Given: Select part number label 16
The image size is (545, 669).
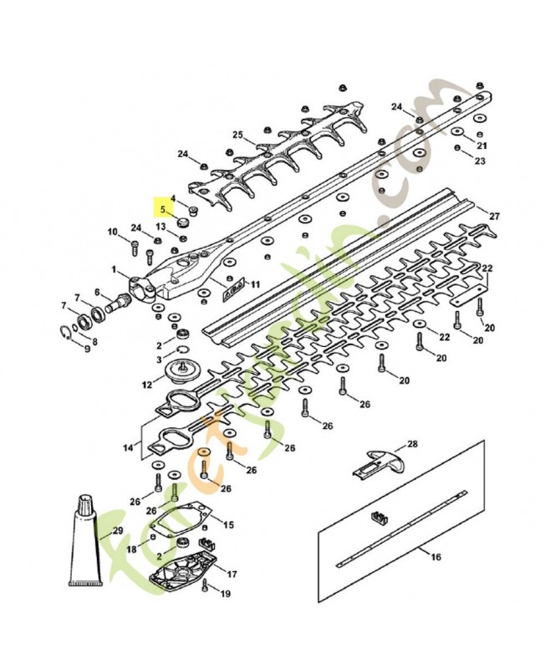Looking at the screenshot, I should click(435, 555).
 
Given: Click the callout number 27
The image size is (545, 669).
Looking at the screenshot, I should click(494, 216).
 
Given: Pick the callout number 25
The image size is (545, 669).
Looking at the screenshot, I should click(237, 135).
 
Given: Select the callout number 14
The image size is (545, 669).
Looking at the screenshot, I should click(128, 448).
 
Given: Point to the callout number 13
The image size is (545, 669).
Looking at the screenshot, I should click(160, 227).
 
